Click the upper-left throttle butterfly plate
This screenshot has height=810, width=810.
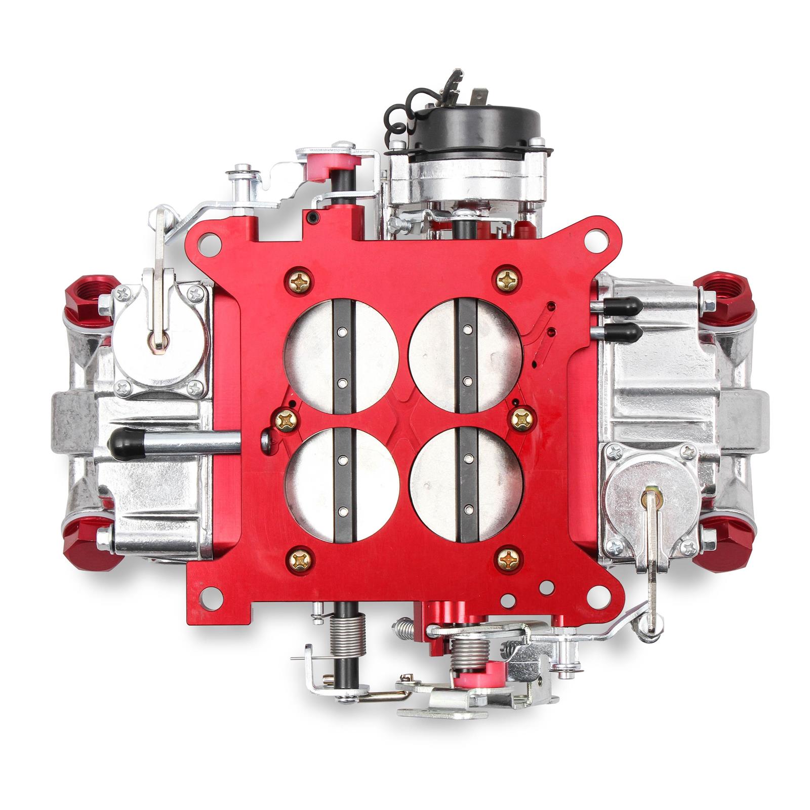pos(314,354)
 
